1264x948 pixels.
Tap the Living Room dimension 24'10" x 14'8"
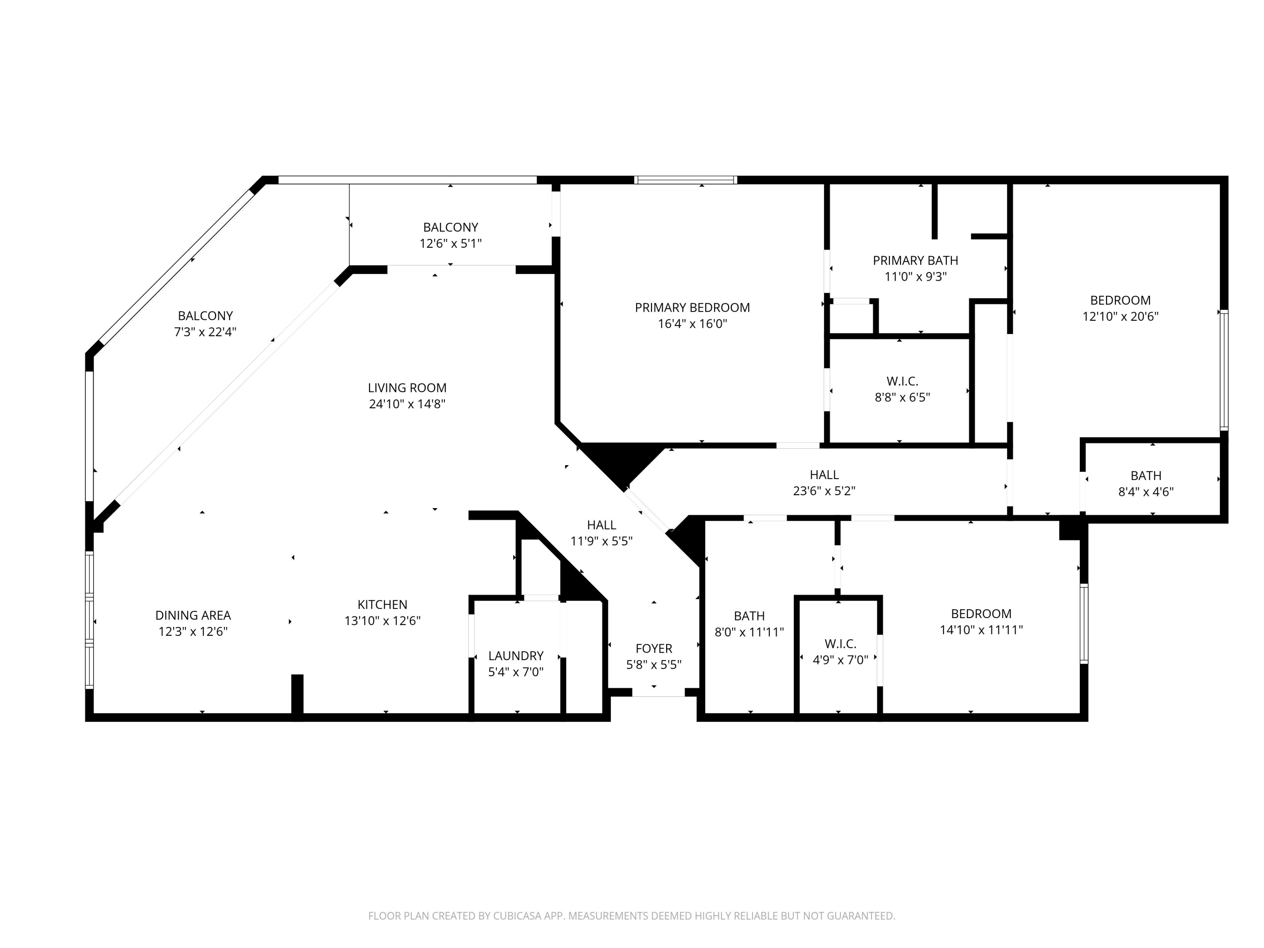tap(407, 404)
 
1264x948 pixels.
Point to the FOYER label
tap(654, 648)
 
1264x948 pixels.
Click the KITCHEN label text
tap(382, 605)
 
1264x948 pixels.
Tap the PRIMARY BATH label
tap(916, 260)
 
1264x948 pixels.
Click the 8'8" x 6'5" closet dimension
tap(902, 397)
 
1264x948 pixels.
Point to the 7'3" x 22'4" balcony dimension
tap(205, 332)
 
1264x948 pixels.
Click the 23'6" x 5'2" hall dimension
tap(824, 491)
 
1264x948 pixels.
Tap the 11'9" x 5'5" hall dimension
tap(601, 541)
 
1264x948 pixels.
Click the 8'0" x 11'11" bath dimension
tap(749, 632)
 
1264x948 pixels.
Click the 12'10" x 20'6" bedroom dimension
tap(1120, 316)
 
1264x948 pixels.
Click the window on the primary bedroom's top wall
tap(686, 180)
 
